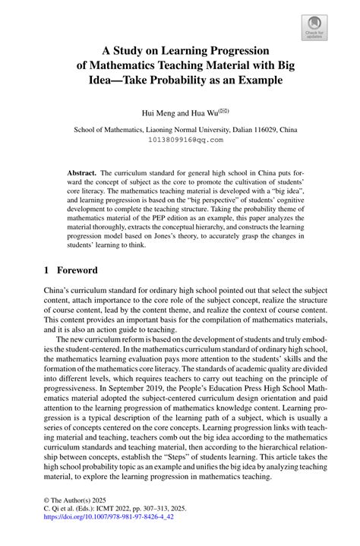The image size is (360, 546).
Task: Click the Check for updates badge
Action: click(314, 26)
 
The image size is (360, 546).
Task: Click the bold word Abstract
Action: click(83, 173)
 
